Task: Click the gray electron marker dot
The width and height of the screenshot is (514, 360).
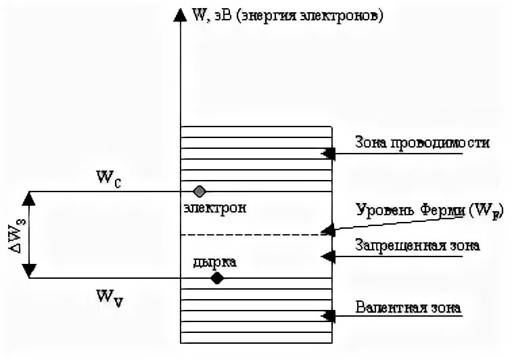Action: pyautogui.click(x=199, y=191)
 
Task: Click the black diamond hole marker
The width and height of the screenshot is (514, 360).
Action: pyautogui.click(x=216, y=277)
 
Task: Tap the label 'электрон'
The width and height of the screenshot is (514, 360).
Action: pyautogui.click(x=214, y=208)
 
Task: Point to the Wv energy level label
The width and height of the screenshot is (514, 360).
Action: pyautogui.click(x=110, y=296)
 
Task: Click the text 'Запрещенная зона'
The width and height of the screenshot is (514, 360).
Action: pyautogui.click(x=417, y=246)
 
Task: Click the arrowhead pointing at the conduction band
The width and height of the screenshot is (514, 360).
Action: pyautogui.click(x=328, y=154)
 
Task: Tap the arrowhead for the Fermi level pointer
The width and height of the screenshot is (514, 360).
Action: pyautogui.click(x=328, y=230)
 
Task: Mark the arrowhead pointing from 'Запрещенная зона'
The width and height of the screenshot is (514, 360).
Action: pyautogui.click(x=328, y=256)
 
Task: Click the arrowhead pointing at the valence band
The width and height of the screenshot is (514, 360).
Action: pyautogui.click(x=328, y=315)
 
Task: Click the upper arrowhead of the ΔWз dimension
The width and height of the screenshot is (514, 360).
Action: pyautogui.click(x=29, y=198)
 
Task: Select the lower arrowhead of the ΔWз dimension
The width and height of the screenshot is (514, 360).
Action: pyautogui.click(x=29, y=271)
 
